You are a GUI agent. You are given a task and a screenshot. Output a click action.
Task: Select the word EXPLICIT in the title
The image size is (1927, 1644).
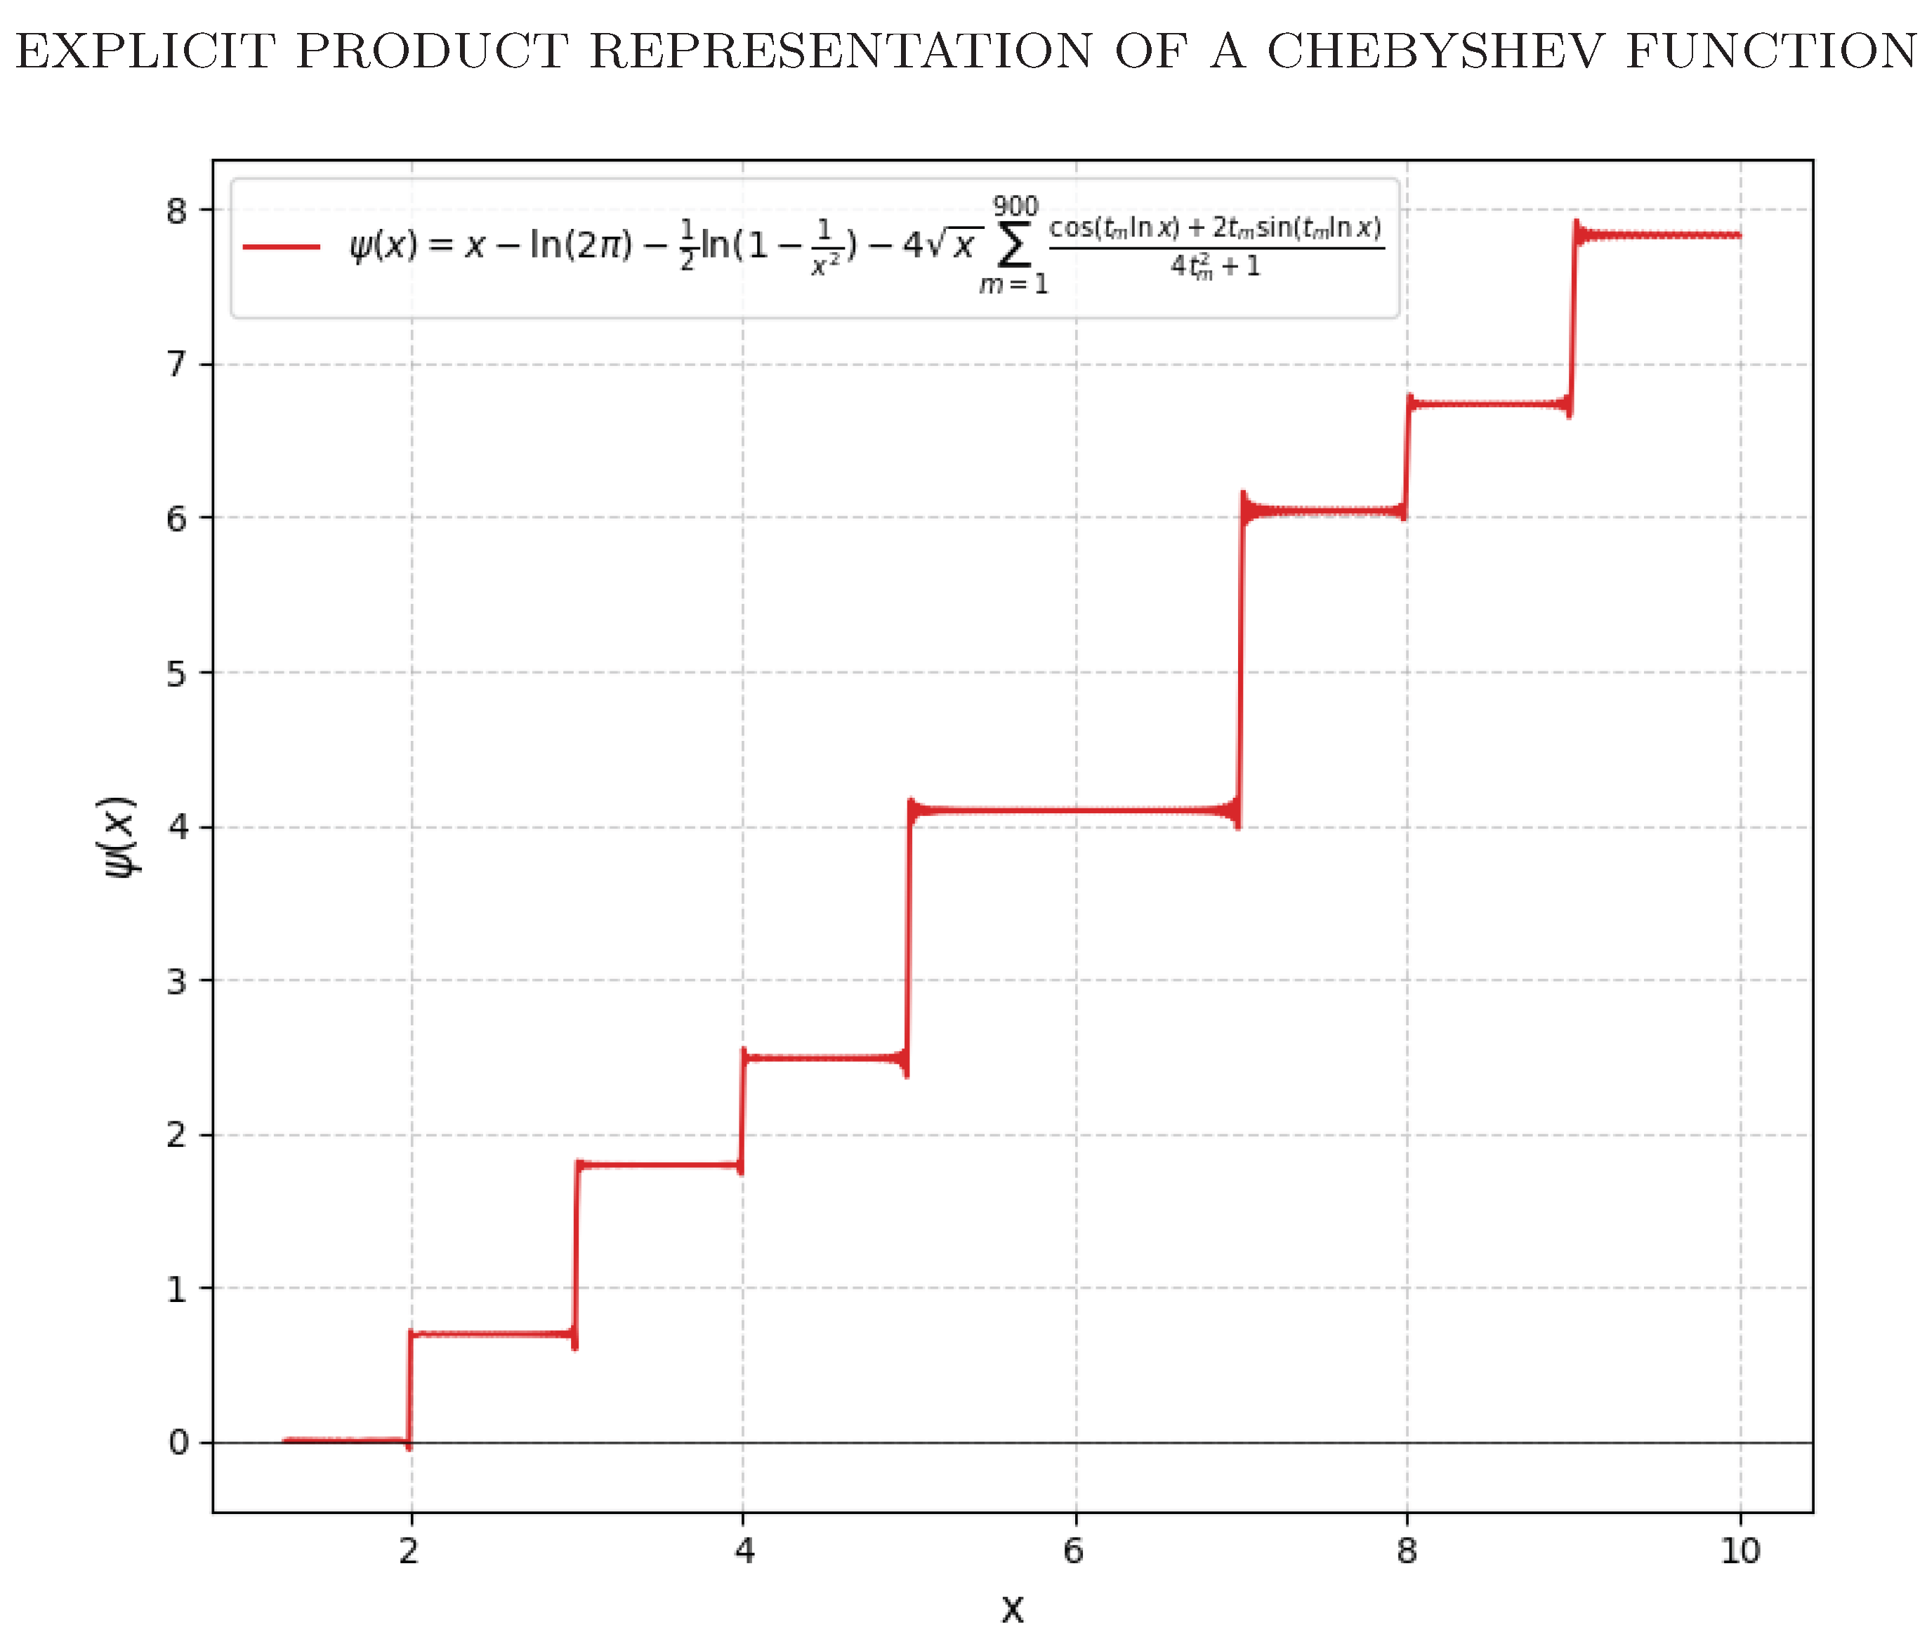(x=144, y=51)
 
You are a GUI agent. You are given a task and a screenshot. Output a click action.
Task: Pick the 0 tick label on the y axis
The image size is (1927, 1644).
(x=177, y=1442)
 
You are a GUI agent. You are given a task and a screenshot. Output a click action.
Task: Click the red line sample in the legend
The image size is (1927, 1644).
(x=282, y=246)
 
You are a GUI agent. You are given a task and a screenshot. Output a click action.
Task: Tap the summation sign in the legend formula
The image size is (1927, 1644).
(x=1014, y=246)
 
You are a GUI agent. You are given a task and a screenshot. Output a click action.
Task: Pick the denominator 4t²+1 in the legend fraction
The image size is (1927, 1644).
(x=1216, y=267)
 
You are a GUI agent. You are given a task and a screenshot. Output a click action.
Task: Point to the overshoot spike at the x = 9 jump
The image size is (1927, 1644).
(x=1577, y=227)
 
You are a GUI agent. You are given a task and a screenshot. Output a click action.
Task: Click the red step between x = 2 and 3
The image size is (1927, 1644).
(x=493, y=1334)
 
